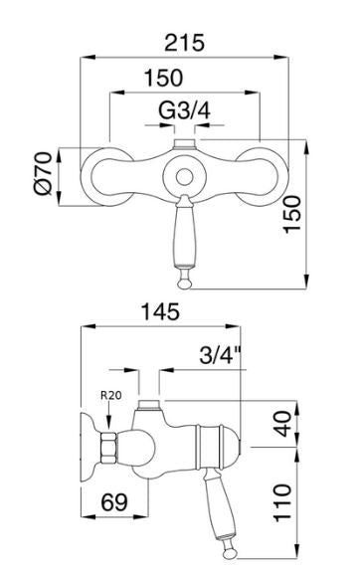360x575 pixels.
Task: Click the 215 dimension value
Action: (x=184, y=43)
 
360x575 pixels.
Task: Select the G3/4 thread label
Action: (x=184, y=110)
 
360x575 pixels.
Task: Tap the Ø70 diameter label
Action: (x=43, y=173)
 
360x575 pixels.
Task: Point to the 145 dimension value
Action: (x=160, y=311)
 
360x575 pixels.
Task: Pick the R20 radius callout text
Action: (x=110, y=395)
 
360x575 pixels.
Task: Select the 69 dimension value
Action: (x=114, y=502)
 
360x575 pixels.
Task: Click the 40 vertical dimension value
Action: (x=283, y=424)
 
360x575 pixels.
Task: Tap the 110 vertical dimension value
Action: (x=283, y=502)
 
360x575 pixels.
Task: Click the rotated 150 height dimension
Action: (x=291, y=214)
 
